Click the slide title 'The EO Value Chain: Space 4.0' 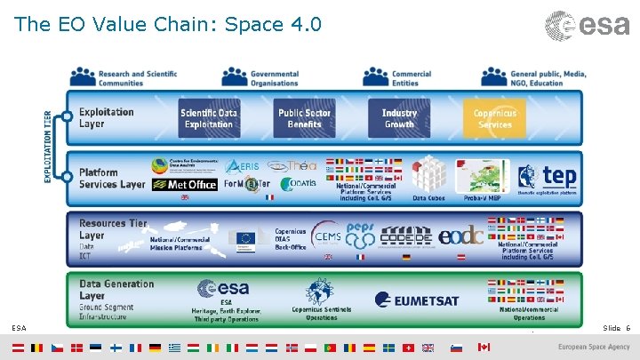click(x=168, y=24)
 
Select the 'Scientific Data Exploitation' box click(x=209, y=118)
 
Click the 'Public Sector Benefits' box click(x=305, y=118)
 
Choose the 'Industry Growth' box click(x=399, y=118)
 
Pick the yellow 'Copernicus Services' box click(x=494, y=118)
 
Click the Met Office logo click(x=184, y=185)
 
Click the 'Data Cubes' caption click(x=429, y=198)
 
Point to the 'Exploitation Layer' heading click(x=106, y=118)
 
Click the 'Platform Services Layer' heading click(x=111, y=179)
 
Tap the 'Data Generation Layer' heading click(x=116, y=289)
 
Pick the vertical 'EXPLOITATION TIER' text click(x=48, y=147)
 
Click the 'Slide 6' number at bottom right click(x=616, y=328)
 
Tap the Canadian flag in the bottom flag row click(x=484, y=347)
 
